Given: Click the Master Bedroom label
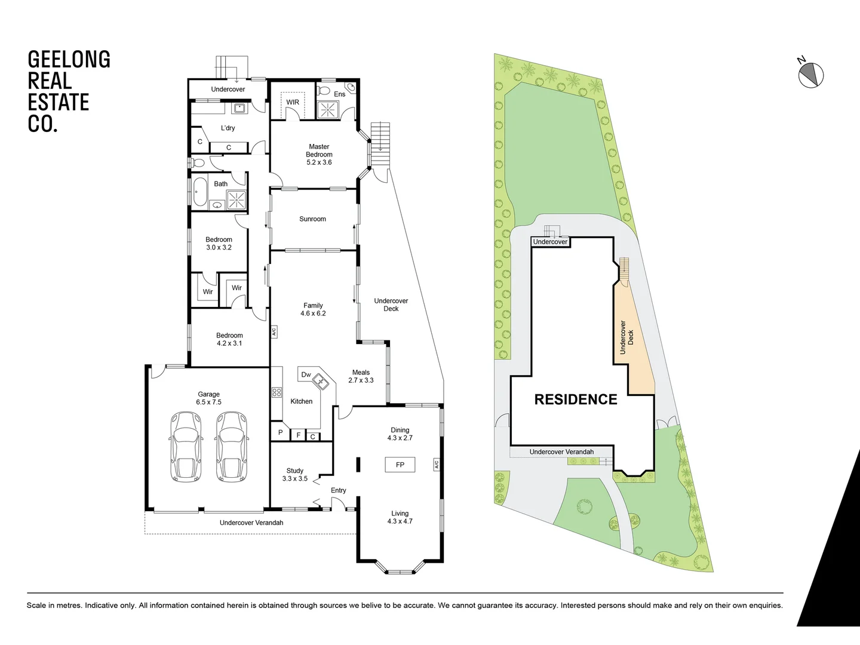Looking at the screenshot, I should pos(319,154).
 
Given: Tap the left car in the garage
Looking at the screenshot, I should pos(186,446).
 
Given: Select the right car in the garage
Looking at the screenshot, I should pos(231,446).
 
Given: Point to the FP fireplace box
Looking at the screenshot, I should pos(400,465).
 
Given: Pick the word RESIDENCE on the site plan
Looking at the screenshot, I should pos(575,400).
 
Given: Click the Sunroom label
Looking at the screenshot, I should pos(312,219).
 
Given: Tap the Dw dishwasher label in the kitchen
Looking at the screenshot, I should pos(306,375).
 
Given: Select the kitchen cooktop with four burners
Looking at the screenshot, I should pos(277,392).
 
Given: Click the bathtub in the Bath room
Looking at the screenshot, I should pos(199,193).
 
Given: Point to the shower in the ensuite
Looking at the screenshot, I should pos(327,109).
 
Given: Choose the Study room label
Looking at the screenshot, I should pos(294,475).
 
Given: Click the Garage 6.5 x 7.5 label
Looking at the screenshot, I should pos(208,398).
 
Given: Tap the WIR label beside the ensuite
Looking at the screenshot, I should pos(293,102).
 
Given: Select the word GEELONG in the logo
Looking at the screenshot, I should pos(69,60).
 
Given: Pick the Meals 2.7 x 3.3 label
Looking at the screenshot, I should pos(361,376).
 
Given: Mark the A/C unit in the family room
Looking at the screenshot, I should pos(274,331).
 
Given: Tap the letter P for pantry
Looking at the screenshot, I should pos(280,432).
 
